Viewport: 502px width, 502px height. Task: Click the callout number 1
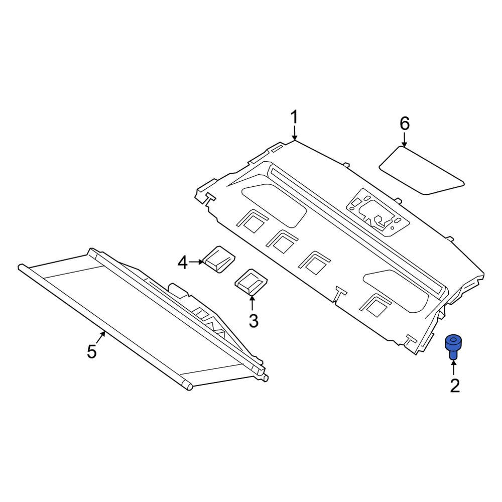click(294, 118)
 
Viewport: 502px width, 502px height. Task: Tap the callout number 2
click(454, 386)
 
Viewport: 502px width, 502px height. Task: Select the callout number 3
click(253, 320)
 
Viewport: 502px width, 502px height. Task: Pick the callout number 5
click(91, 351)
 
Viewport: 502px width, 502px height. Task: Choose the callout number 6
click(405, 123)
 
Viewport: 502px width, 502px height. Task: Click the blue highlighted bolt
click(453, 346)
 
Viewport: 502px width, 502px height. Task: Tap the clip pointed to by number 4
click(218, 259)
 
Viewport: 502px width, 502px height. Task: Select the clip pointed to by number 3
click(251, 281)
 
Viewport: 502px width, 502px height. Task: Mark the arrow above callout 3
click(253, 301)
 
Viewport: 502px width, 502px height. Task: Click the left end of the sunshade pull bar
click(21, 268)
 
